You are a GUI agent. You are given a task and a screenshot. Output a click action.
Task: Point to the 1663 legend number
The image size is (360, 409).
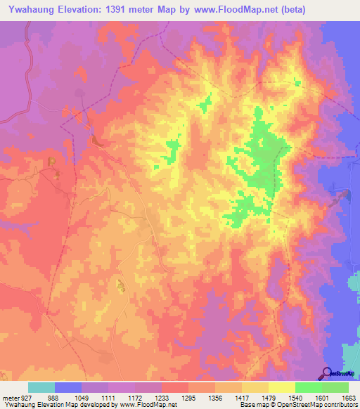click(x=349, y=398)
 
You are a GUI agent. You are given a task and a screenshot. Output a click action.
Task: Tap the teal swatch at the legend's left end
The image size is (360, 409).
click(x=41, y=387)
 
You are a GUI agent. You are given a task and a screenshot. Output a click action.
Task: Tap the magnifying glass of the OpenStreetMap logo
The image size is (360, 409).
click(x=328, y=372)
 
